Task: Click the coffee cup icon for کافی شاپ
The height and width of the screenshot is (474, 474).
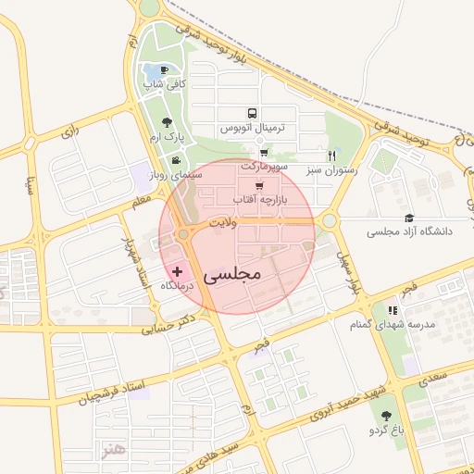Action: click(165, 70)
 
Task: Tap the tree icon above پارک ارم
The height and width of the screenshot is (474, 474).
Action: click(167, 121)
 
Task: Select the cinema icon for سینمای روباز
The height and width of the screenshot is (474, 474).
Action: click(177, 161)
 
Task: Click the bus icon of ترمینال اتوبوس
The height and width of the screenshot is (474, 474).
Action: click(254, 114)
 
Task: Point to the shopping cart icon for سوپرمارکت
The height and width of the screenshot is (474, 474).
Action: click(265, 154)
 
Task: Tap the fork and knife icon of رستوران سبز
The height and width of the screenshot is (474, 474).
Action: click(331, 156)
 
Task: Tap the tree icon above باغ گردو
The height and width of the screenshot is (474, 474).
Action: click(385, 417)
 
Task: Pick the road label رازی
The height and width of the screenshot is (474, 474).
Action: click(71, 132)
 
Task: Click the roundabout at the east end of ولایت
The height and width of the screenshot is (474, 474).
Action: click(329, 221)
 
